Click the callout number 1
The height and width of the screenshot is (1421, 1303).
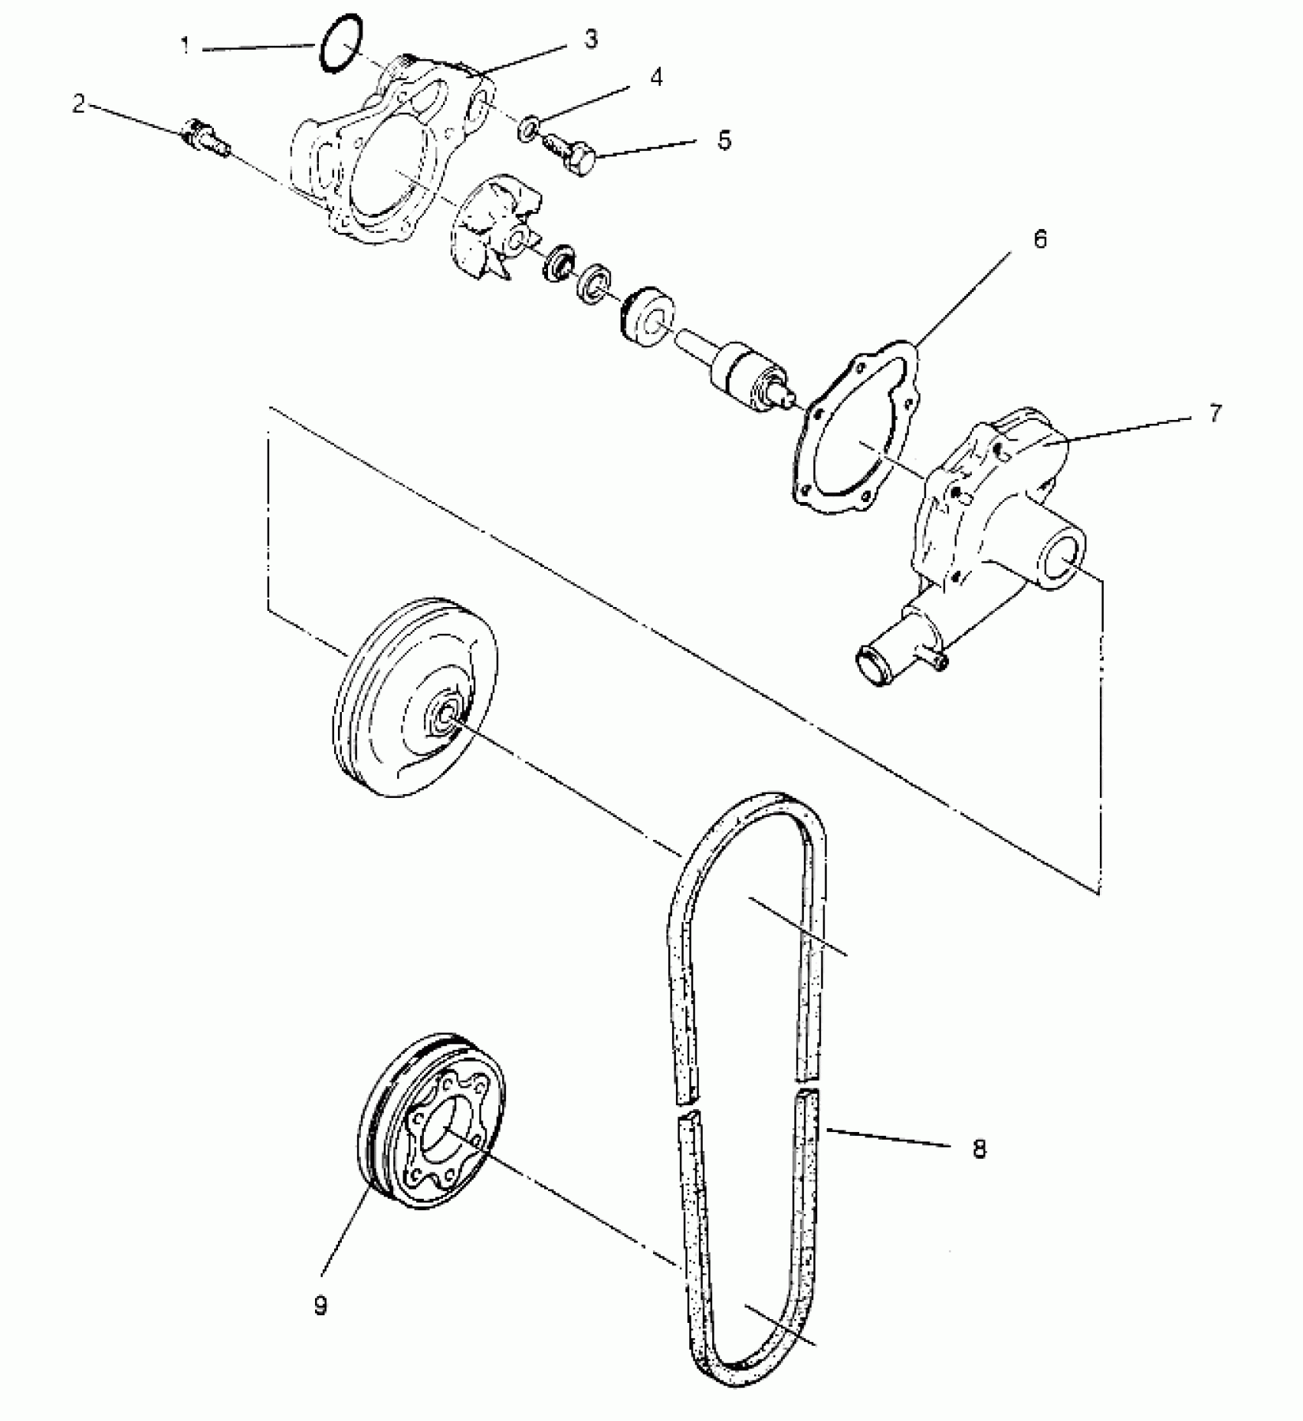(185, 46)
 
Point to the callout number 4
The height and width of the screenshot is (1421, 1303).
(656, 77)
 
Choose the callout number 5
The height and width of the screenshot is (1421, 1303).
(724, 140)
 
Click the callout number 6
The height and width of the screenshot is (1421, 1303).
(1039, 239)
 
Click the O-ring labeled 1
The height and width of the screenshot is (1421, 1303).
(340, 44)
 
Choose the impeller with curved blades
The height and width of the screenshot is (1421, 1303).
(491, 226)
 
